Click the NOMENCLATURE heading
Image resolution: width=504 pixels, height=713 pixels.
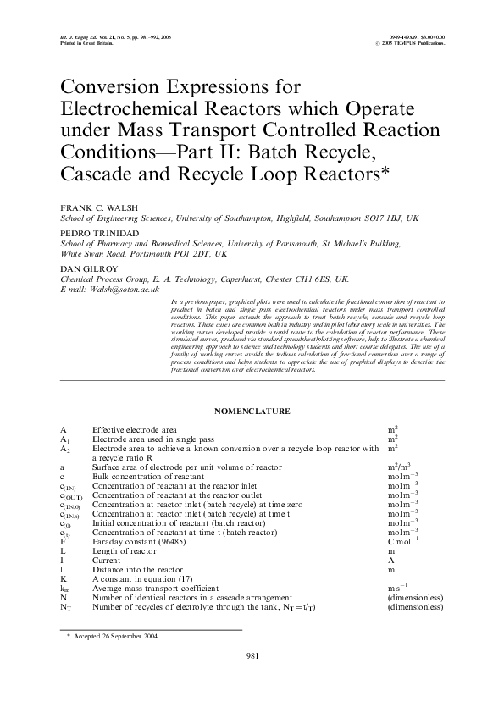pyautogui.click(x=252, y=411)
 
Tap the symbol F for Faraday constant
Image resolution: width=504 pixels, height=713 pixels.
pyautogui.click(x=63, y=539)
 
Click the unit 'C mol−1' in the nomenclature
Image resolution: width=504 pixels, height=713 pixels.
pyautogui.click(x=402, y=539)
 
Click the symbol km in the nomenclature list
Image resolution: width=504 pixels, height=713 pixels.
pyautogui.click(x=64, y=589)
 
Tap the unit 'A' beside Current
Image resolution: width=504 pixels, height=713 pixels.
pyautogui.click(x=390, y=560)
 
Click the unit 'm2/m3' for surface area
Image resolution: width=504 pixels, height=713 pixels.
pyautogui.click(x=399, y=467)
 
